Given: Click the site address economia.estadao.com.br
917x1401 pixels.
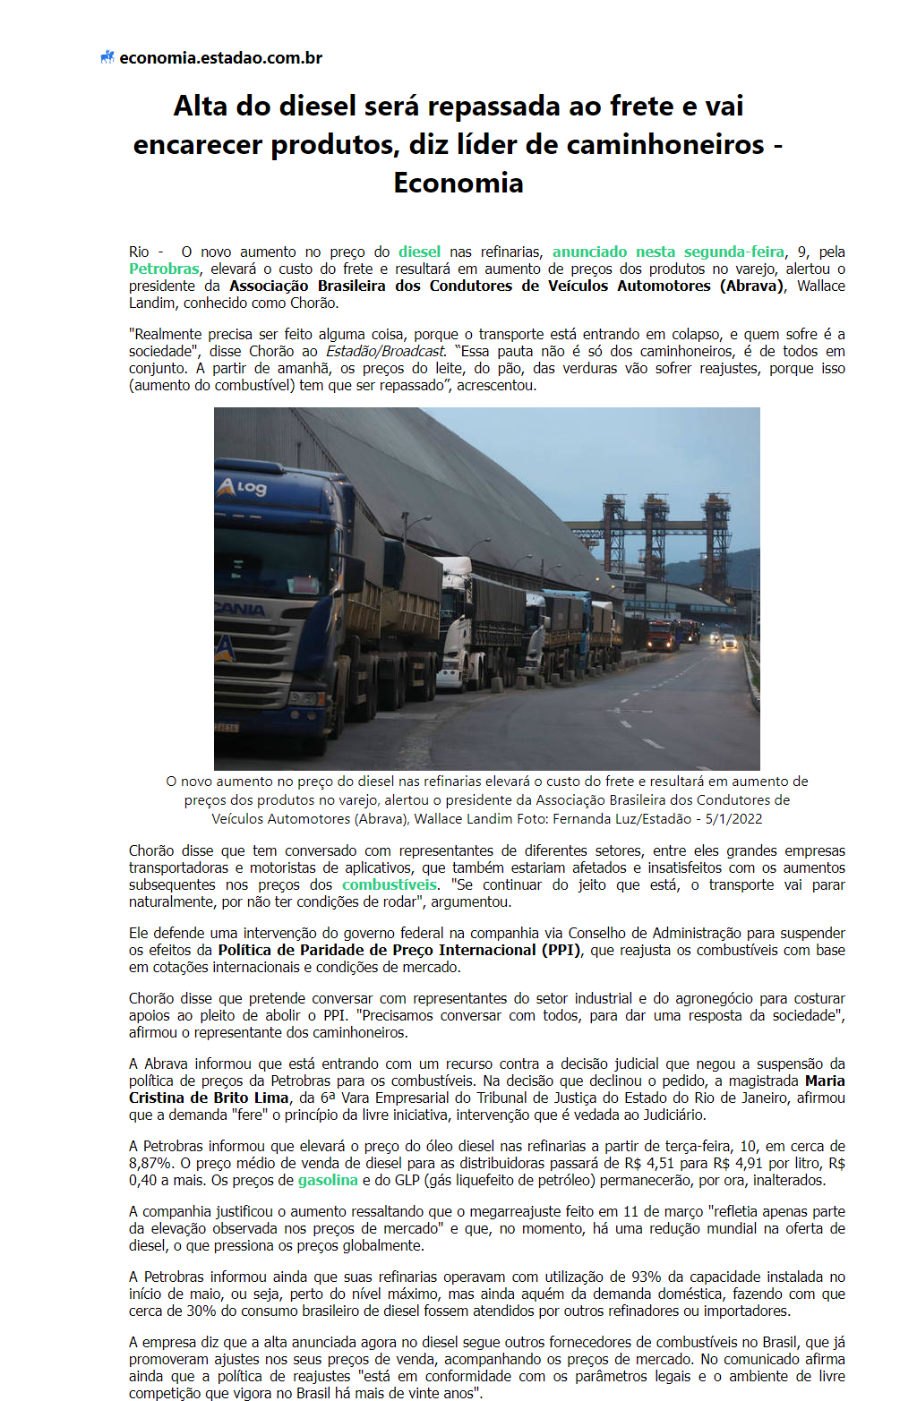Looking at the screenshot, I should [x=220, y=58].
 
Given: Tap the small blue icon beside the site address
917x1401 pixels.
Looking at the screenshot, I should [x=107, y=57].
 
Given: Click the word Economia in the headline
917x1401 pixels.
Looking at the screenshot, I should [x=458, y=183].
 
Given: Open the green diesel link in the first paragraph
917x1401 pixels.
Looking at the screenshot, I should [x=419, y=252].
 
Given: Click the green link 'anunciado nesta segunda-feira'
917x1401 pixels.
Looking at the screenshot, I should [x=668, y=252].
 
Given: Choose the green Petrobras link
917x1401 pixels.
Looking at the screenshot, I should [x=164, y=269].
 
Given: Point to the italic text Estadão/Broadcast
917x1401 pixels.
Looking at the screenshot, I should [x=385, y=351].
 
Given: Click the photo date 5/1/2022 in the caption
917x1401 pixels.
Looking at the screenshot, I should [x=733, y=818].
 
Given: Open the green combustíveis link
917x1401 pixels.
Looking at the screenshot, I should [x=390, y=884].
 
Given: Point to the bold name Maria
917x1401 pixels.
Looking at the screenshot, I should [x=825, y=1081].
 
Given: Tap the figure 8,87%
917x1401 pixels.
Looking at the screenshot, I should [x=151, y=1163].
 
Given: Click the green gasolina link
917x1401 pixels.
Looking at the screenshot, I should [x=328, y=1180].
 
